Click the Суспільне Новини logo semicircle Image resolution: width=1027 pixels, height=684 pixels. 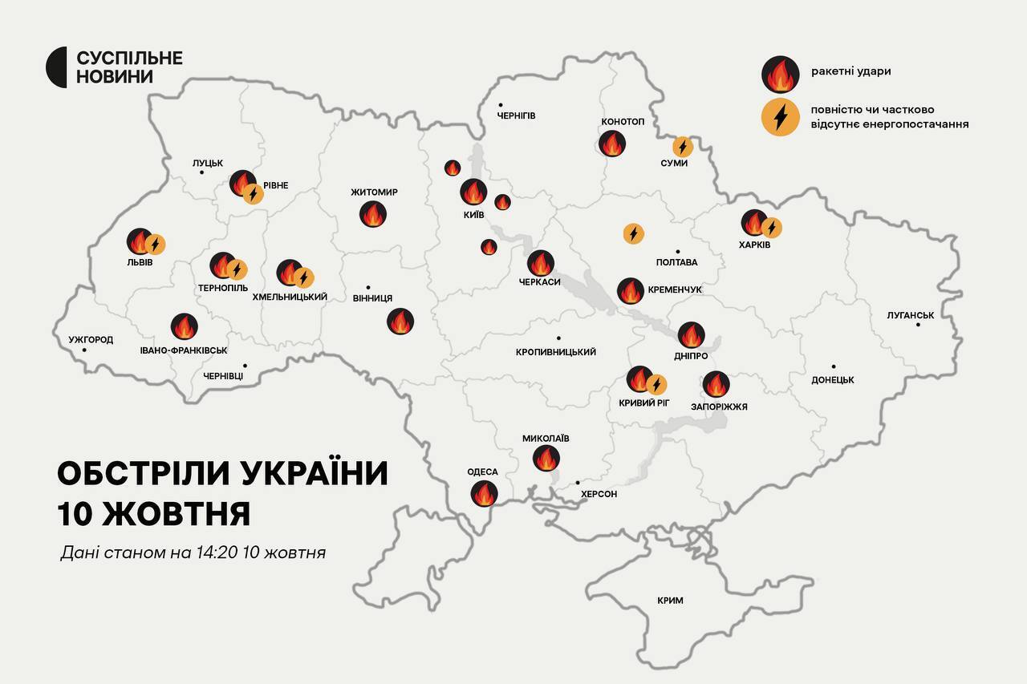[56, 67]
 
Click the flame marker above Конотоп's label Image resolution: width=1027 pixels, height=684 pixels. [612, 144]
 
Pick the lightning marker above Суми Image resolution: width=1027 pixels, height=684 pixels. [682, 146]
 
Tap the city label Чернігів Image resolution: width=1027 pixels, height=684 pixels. [516, 115]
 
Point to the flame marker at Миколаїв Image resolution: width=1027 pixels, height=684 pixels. [546, 458]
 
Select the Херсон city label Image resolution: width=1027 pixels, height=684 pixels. [599, 494]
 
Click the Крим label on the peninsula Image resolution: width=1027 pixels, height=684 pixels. [670, 600]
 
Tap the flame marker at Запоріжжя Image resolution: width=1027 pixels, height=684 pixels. [716, 384]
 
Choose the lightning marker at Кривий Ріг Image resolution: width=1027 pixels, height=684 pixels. [656, 384]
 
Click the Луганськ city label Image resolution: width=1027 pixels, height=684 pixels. [911, 315]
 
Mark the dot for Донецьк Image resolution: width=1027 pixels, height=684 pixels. [834, 366]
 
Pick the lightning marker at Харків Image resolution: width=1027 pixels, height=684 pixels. [771, 228]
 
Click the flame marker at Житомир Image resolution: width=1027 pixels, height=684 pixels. [373, 214]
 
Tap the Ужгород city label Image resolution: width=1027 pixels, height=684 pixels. [91, 340]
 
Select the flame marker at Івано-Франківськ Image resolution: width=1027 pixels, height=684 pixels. [185, 326]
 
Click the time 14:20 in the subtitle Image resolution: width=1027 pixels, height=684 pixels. [210, 553]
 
